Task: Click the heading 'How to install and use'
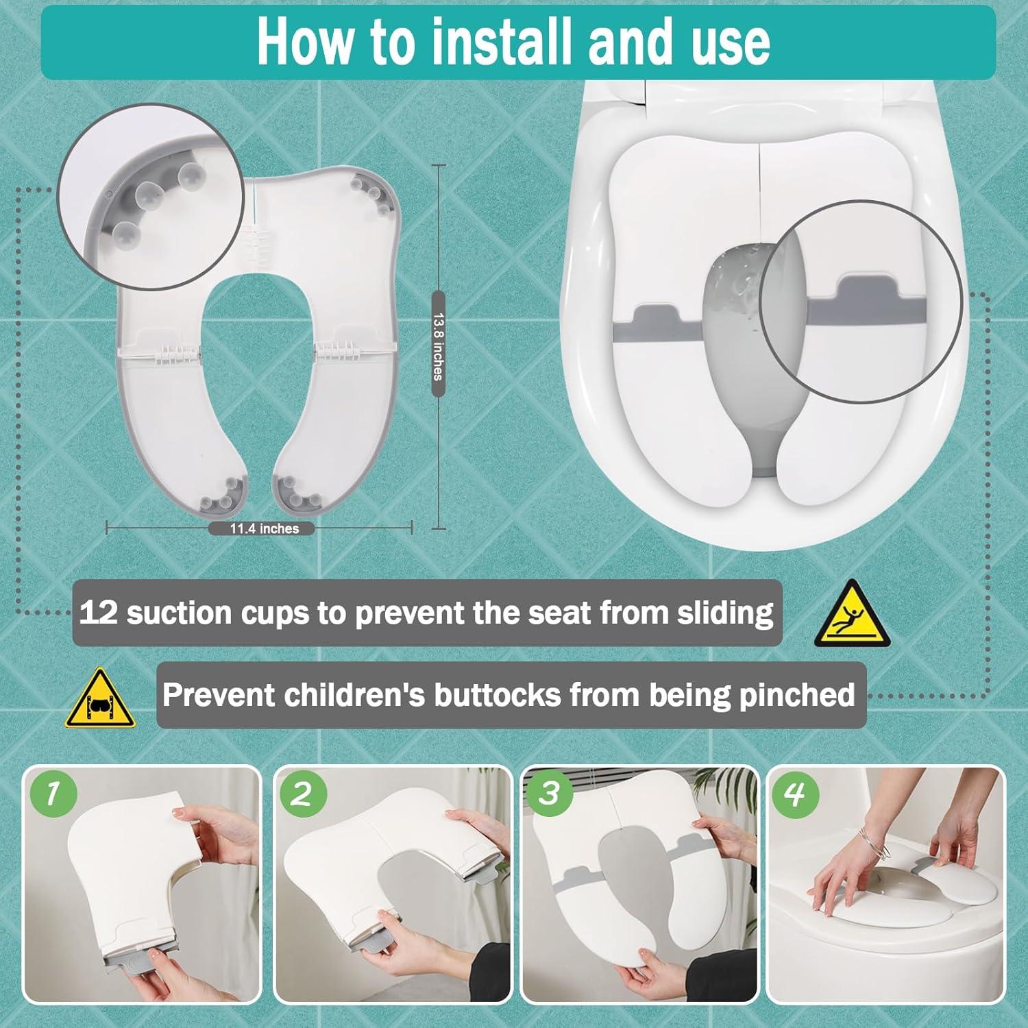[x=514, y=42]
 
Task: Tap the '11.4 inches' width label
[x=264, y=528]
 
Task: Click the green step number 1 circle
[x=53, y=794]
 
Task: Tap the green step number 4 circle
[x=795, y=794]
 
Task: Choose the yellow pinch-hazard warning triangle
[x=100, y=699]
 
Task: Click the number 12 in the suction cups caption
[x=99, y=612]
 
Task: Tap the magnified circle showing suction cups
[x=151, y=197]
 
